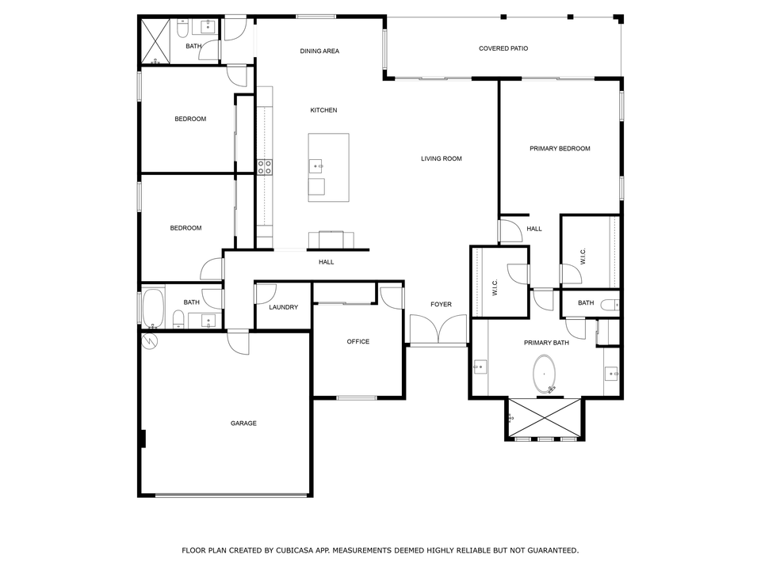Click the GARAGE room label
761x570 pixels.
[243, 424]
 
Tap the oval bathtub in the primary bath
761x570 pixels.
[545, 374]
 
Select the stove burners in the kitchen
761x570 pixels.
[264, 166]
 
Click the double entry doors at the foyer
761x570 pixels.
[438, 330]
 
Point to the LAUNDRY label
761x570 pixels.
[283, 307]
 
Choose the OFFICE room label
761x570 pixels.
[358, 342]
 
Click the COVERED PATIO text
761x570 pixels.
[503, 49]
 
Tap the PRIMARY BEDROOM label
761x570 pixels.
[560, 149]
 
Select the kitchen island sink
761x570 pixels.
[316, 166]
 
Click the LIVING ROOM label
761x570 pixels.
[441, 159]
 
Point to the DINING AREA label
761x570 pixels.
[319, 51]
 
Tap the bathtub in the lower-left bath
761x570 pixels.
[153, 308]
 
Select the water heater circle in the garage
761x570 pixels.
[149, 341]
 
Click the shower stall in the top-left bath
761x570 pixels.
[156, 40]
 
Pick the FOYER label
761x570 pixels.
[441, 305]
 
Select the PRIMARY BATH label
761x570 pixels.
[546, 343]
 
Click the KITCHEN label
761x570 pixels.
[323, 111]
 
